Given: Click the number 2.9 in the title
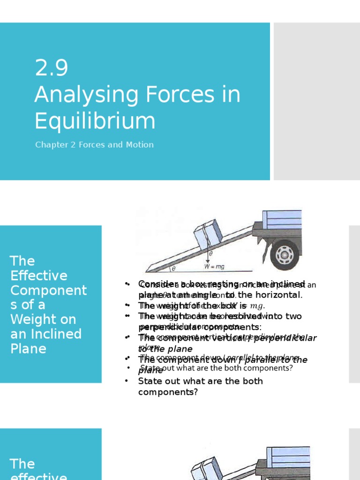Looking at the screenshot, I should tap(52, 68).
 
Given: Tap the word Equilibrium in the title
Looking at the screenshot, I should tap(95, 121).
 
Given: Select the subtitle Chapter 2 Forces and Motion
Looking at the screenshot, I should tap(94, 145).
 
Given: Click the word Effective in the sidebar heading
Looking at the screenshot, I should tap(38, 276).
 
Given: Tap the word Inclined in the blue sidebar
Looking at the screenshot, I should tap(55, 334).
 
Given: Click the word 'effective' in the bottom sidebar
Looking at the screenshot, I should tap(38, 475).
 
